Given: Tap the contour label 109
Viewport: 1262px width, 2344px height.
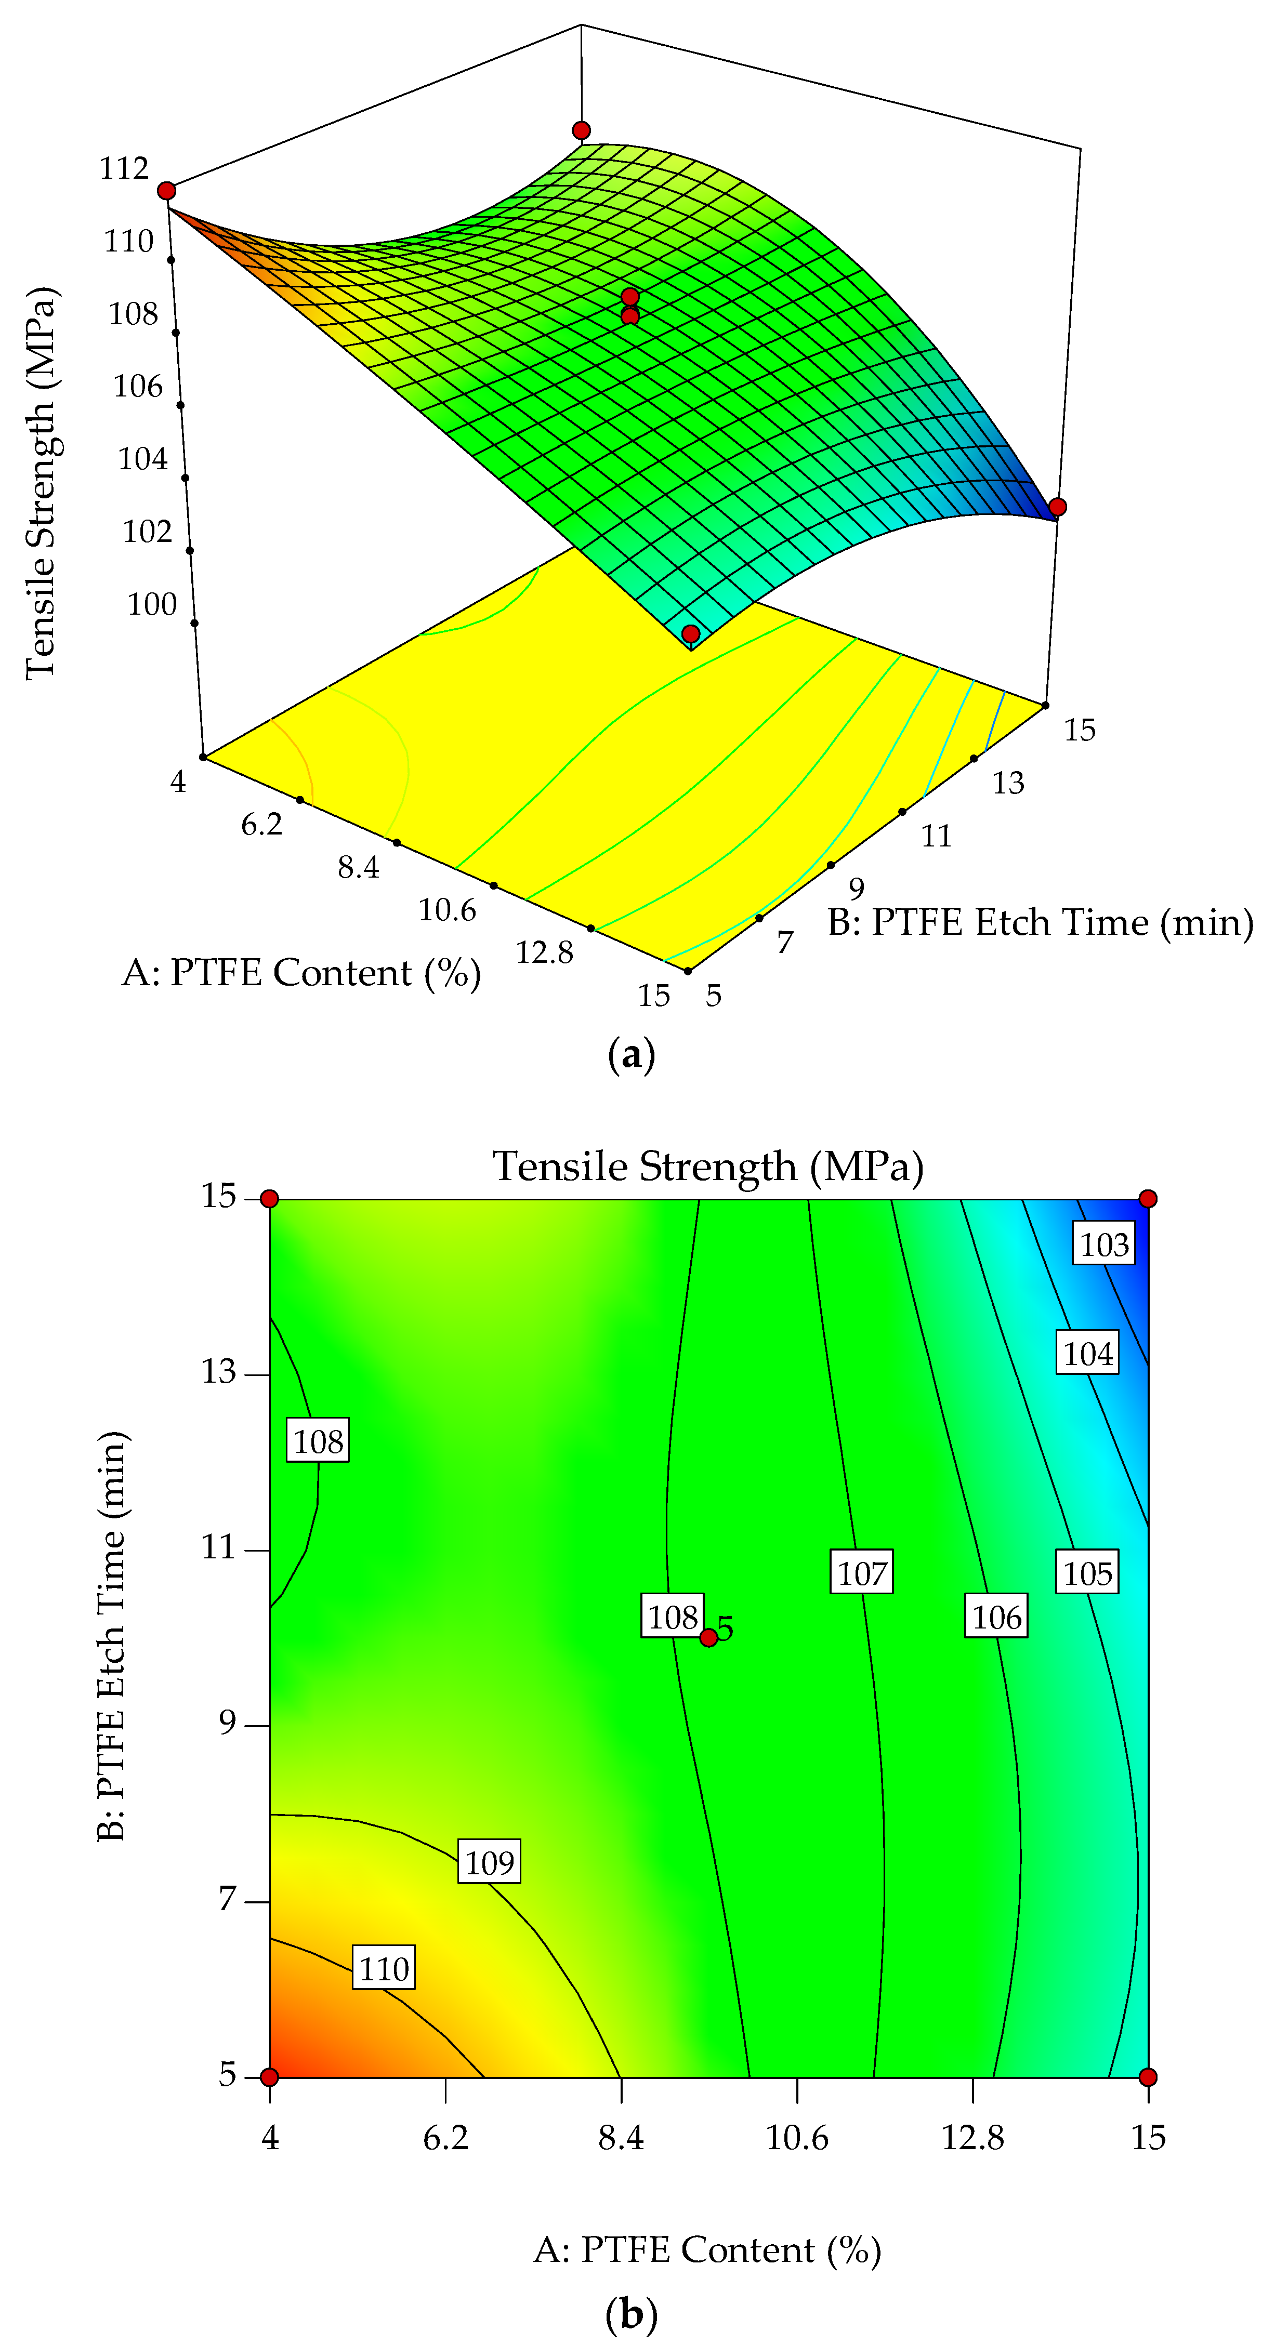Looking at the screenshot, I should click(x=490, y=1863).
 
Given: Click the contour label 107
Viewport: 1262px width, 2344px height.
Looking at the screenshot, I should click(x=861, y=1572).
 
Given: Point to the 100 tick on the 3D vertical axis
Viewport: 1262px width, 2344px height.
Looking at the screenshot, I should click(x=152, y=604).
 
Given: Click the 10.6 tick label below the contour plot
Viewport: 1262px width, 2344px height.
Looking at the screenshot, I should click(x=796, y=2137).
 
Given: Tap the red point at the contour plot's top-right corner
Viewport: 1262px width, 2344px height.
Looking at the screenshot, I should click(x=1148, y=1198).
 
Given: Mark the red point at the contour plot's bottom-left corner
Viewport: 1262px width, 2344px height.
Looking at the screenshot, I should click(x=269, y=2076).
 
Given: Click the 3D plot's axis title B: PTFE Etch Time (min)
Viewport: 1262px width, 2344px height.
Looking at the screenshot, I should click(x=1040, y=923).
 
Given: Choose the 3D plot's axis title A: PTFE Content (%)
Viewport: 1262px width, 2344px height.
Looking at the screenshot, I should click(x=301, y=973).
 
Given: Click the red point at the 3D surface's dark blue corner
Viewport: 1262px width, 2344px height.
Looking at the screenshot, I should click(x=1056, y=507).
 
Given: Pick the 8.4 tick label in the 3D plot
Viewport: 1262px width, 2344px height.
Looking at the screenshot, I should click(x=359, y=867).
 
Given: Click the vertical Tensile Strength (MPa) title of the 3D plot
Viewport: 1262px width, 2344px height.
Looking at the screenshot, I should click(x=41, y=482).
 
